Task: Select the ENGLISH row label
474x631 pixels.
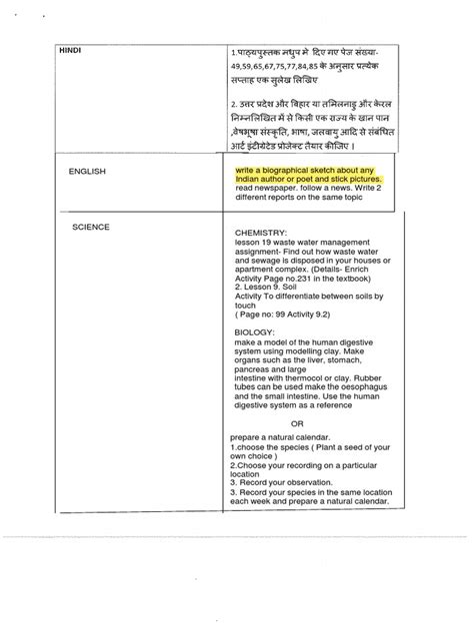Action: point(87,172)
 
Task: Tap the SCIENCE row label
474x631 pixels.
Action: point(91,228)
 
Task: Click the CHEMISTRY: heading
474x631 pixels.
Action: point(262,232)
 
